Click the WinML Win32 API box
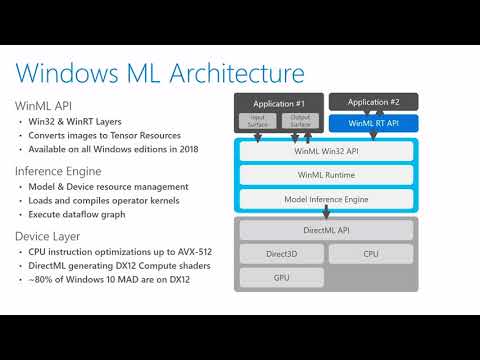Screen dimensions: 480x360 point(324,151)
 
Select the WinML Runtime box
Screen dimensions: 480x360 point(324,174)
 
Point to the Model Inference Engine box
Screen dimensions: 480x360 point(324,198)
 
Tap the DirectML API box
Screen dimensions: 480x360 point(324,230)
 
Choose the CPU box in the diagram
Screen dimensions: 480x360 point(370,254)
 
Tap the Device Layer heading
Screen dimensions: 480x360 point(52,237)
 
